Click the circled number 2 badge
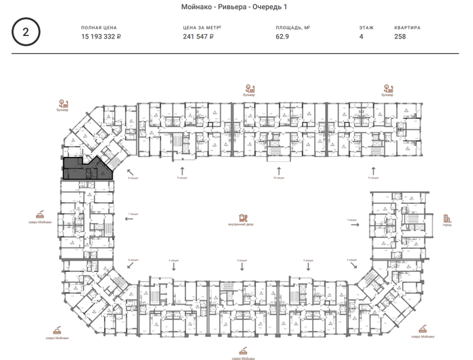(26, 32)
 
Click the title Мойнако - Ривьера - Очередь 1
(236, 6)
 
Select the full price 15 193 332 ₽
(101, 37)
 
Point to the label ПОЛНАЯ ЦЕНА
(98, 28)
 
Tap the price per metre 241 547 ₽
(198, 37)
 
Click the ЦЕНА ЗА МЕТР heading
(202, 28)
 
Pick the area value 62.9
(283, 37)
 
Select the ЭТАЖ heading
(366, 28)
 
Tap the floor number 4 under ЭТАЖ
(361, 37)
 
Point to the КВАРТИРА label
(407, 28)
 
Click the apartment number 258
(400, 37)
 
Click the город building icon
(447, 219)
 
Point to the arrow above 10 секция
(278, 170)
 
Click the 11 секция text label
(373, 177)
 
